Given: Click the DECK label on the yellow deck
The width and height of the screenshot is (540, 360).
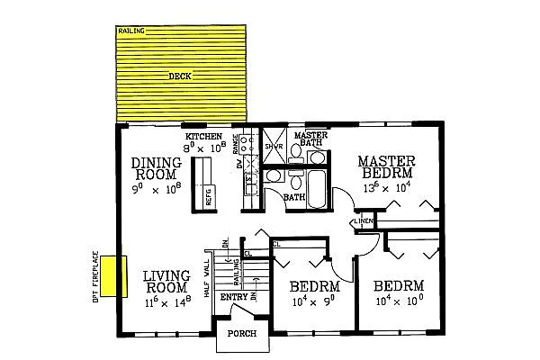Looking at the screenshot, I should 180,76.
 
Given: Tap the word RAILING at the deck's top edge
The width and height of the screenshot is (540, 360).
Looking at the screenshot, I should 131,31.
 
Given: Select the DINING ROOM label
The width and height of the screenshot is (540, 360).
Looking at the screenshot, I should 157,169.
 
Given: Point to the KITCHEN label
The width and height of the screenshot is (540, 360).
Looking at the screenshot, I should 203,136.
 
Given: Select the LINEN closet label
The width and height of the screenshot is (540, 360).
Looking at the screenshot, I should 364,220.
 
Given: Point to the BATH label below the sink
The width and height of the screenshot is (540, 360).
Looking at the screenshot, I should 293,197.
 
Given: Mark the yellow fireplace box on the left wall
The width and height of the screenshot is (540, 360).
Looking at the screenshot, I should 111,276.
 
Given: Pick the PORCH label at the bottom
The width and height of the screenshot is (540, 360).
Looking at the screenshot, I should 242,335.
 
